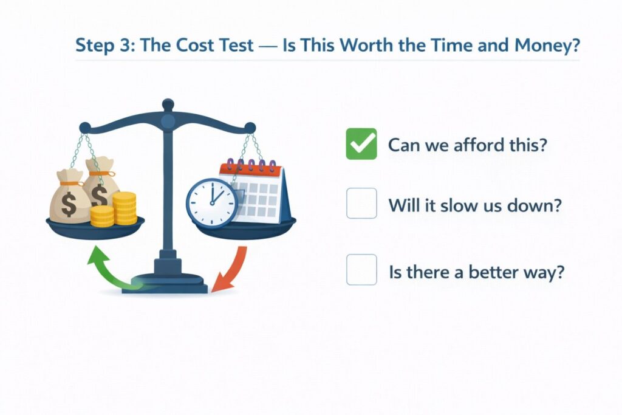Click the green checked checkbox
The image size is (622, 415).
(x=361, y=144)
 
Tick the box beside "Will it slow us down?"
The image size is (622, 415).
(x=361, y=204)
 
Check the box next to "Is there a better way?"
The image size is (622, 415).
(x=361, y=270)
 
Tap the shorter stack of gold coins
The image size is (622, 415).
(x=101, y=216)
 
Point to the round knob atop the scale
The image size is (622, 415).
(x=168, y=105)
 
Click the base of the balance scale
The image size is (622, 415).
(x=165, y=284)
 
